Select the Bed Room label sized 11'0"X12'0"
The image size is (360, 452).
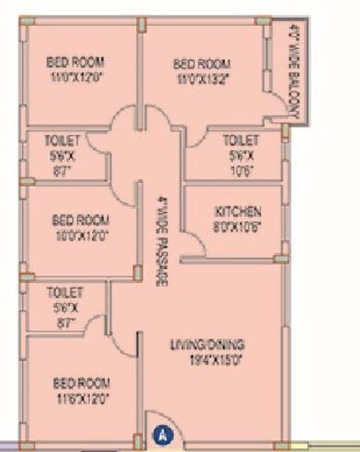pos(76,62)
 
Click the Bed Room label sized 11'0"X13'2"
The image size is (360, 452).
pos(200,62)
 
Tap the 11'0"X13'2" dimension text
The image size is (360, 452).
pos(200,78)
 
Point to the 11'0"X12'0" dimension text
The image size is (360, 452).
pos(76,78)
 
